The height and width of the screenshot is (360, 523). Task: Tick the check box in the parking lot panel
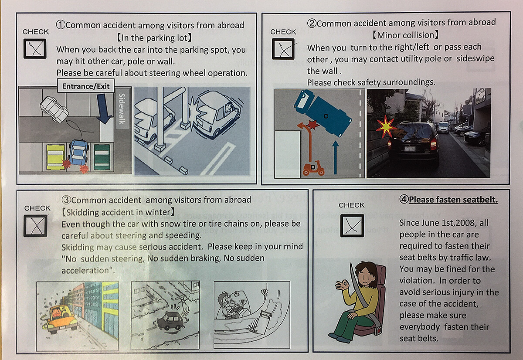tap(35, 49)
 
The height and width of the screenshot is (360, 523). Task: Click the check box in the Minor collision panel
tap(283, 49)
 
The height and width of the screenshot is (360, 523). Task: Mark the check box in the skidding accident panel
tap(35, 226)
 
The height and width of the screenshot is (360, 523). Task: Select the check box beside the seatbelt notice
tap(352, 225)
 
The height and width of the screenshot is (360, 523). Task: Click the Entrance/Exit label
tap(86, 86)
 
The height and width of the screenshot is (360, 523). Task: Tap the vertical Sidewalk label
tap(122, 109)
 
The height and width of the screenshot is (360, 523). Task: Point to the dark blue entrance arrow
tap(104, 109)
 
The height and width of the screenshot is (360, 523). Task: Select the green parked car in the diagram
tap(102, 157)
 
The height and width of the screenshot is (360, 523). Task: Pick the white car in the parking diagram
tap(54, 109)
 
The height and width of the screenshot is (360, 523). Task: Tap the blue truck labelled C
tap(323, 113)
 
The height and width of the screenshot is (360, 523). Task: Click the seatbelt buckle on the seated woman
tap(378, 331)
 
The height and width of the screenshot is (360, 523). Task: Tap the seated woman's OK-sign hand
tap(343, 285)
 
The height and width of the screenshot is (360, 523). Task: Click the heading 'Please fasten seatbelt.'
tap(453, 200)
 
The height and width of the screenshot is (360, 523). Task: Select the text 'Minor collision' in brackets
tap(405, 35)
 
